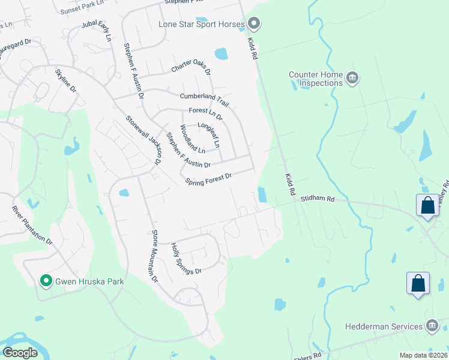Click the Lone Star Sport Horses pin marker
point(253,24)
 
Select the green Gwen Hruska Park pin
point(45,280)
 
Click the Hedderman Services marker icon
point(431,326)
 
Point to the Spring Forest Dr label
point(208,179)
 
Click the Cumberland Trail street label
point(205,98)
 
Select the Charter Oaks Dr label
point(191,62)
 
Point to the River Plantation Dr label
point(33,224)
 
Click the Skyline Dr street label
point(66,80)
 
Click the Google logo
point(20,352)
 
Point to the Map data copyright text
point(423,355)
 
